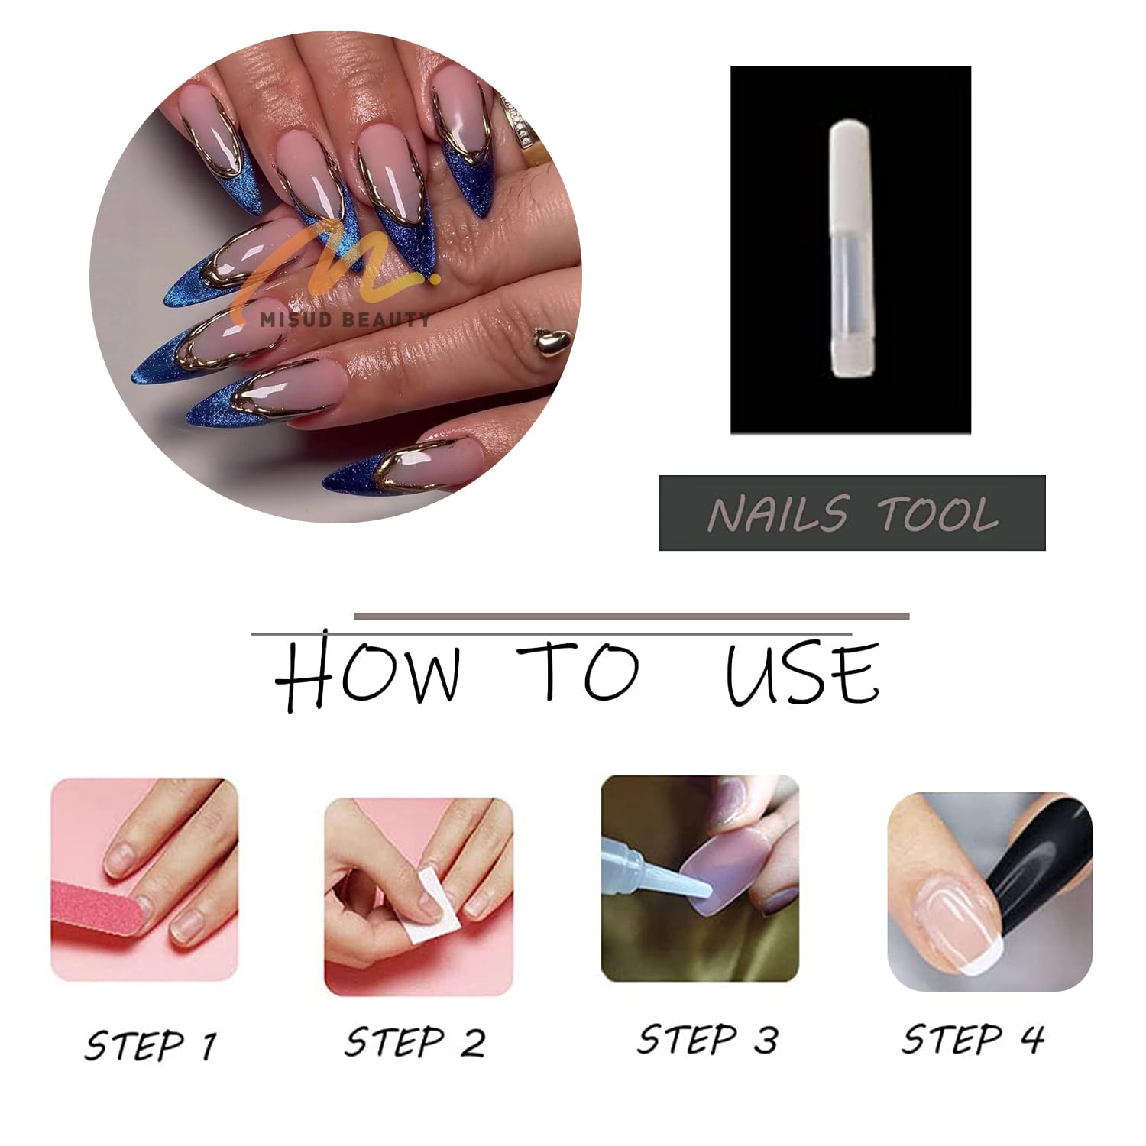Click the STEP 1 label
point(151,1045)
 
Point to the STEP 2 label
point(415,1042)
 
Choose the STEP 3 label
point(707,1040)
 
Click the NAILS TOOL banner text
point(853,513)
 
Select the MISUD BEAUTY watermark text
point(345,320)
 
